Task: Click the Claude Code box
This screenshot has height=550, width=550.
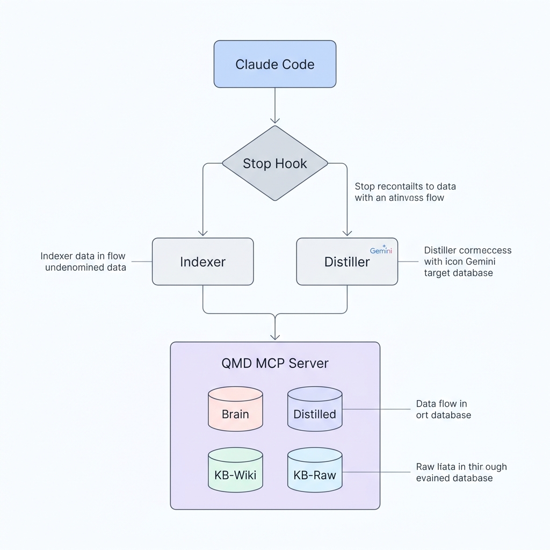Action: coord(274,64)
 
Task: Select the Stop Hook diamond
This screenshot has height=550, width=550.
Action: coord(274,163)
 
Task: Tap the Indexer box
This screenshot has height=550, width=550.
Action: coord(202,262)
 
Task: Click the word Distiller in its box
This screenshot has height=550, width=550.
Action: coord(347,262)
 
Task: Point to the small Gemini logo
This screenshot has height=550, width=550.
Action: coord(381,251)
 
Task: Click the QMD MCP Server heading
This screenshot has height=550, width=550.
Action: coord(274,363)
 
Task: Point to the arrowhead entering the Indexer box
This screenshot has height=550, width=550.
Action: coord(202,233)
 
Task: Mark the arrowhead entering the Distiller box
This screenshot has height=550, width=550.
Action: coord(347,233)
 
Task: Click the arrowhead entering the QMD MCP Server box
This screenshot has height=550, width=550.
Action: coord(274,336)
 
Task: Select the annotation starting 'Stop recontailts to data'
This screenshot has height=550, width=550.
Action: coord(405,192)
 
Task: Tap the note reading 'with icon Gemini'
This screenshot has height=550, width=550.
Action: coord(459,262)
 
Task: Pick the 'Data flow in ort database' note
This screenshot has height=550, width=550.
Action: coord(443,409)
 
